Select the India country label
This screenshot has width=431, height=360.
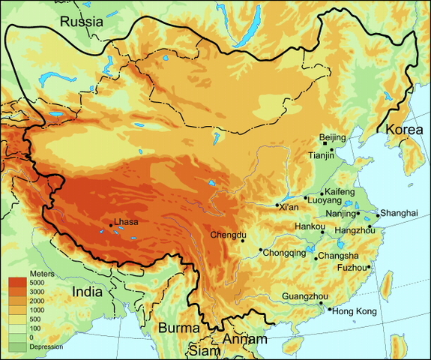92,291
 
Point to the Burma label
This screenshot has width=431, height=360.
178,328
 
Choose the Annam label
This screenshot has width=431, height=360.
244,340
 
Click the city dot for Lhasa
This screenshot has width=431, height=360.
111,225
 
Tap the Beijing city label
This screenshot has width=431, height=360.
332,137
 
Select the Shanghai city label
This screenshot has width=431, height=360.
398,213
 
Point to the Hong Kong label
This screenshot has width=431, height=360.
355,311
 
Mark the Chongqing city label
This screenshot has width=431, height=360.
285,253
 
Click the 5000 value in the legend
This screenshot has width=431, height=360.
37,283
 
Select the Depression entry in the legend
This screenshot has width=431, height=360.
46,346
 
